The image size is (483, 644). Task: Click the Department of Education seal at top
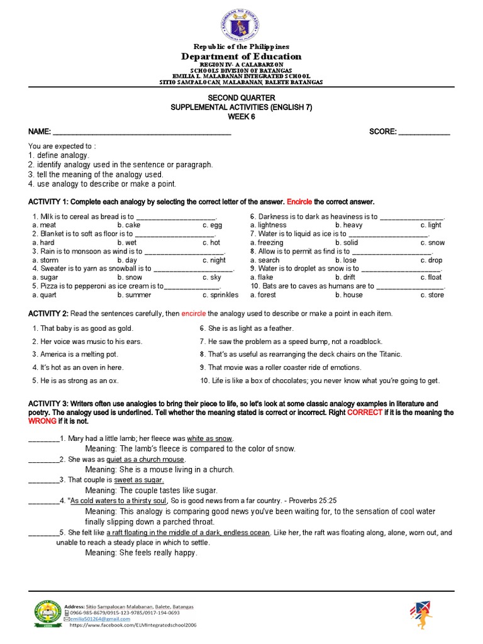(241, 25)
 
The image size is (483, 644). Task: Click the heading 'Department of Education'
(241, 57)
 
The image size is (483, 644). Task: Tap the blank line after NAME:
(142, 132)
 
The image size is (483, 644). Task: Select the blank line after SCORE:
(425, 132)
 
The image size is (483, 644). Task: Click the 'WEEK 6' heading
(241, 117)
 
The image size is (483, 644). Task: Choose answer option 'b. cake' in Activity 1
(129, 225)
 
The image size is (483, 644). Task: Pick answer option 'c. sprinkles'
(220, 294)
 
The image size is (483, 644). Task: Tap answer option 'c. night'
(214, 260)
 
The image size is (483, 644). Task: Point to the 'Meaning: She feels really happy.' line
(141, 553)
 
